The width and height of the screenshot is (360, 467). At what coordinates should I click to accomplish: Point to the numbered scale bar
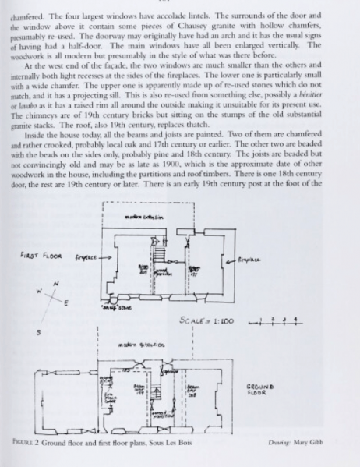pyautogui.click(x=264, y=297)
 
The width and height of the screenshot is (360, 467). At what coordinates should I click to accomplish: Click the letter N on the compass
pyautogui.click(x=55, y=284)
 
